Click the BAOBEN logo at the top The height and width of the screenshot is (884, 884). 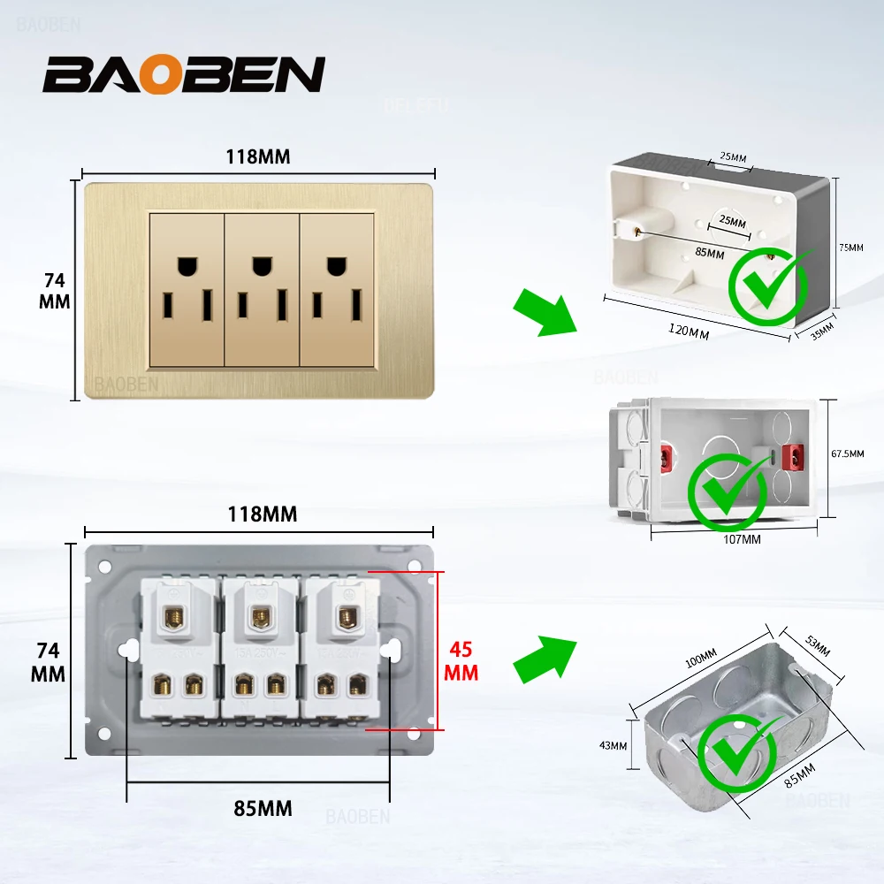tap(184, 75)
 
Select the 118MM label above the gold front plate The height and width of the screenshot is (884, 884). tap(257, 156)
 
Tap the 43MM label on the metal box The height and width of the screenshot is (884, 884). tap(612, 745)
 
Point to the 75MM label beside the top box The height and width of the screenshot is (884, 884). tap(850, 248)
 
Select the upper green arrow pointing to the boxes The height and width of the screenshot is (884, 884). tap(545, 310)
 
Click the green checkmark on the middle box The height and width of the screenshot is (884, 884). tap(728, 492)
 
